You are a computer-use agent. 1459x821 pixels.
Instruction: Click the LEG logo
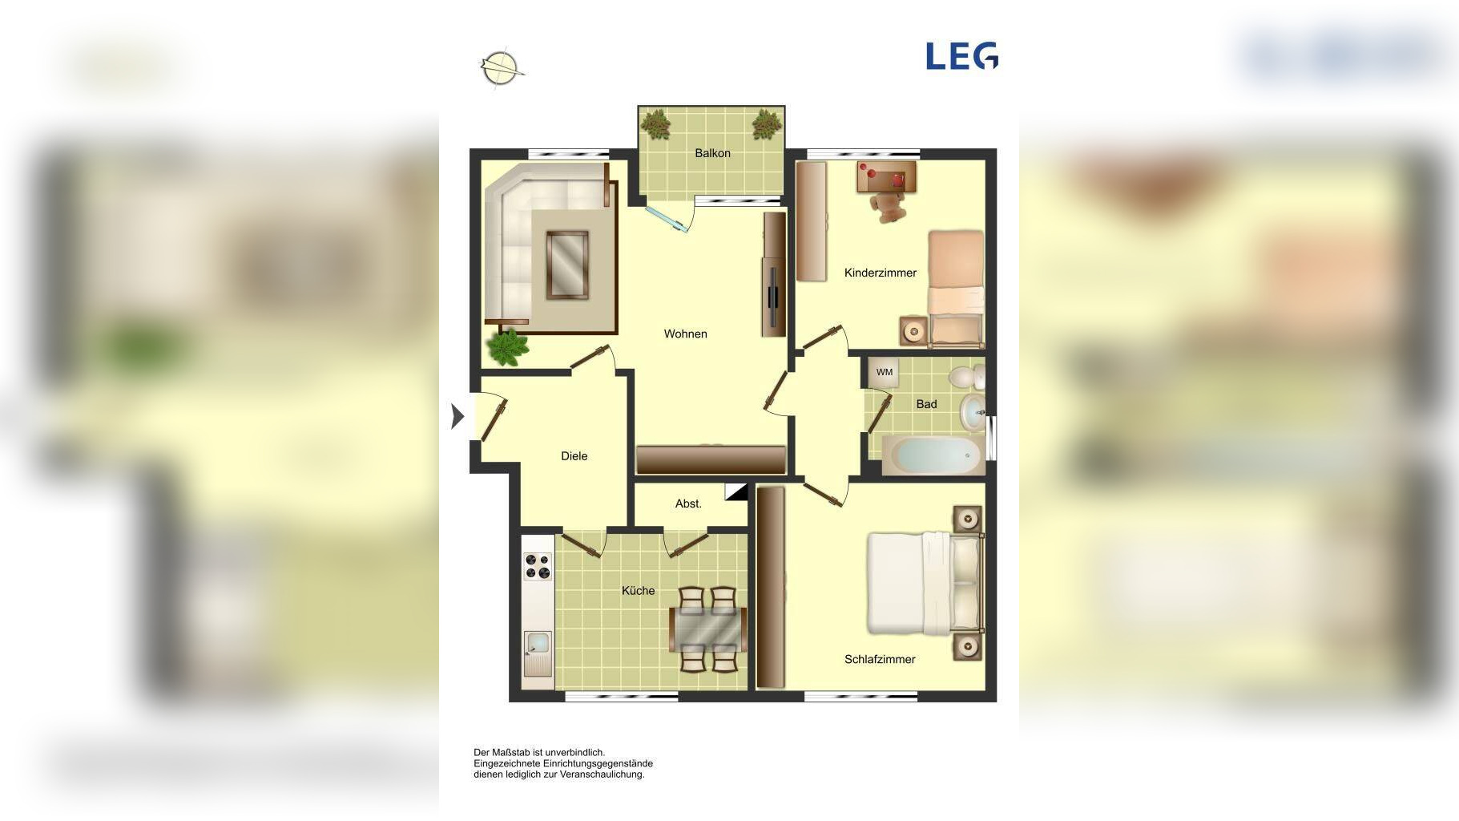pos(961,56)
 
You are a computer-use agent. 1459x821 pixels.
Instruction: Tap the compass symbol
pos(501,68)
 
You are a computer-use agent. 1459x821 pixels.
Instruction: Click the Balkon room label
pos(712,153)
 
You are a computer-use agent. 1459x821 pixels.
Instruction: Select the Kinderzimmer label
pos(880,273)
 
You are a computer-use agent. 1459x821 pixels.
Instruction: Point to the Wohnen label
pos(685,334)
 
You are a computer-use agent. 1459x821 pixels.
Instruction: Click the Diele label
pos(574,456)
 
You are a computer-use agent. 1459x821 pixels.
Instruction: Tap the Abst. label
pos(688,504)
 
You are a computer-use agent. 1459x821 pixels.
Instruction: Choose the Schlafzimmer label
pos(880,659)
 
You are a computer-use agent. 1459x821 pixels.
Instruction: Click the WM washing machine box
pos(884,372)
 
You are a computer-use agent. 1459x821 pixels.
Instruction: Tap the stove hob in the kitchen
pos(537,566)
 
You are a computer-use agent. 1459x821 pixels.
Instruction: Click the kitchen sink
pos(537,653)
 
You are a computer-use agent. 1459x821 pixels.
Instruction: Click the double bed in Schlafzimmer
pos(925,584)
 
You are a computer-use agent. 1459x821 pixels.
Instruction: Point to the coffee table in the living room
pos(567,265)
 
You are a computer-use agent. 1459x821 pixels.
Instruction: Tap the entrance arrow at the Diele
pos(457,416)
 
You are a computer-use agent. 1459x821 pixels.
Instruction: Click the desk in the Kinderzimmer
pos(886,177)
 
